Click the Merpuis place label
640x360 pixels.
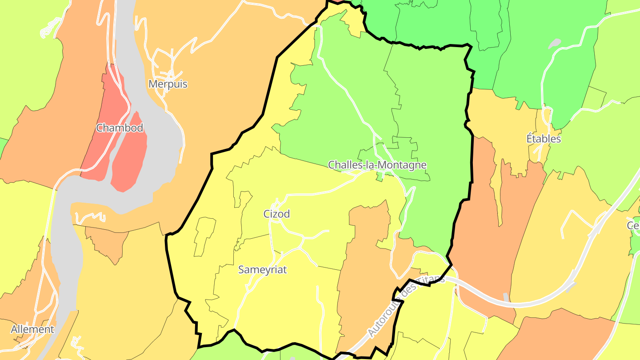[168, 84]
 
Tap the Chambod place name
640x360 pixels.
[120, 128]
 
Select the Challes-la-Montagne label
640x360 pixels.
[377, 165]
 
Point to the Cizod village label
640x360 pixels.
[276, 214]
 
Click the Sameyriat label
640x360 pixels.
[262, 269]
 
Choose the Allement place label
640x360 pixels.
[32, 329]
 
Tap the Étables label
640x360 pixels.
[544, 139]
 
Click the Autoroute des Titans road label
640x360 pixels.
[405, 306]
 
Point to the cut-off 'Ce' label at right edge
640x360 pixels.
[633, 225]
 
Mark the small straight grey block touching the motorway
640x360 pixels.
[506, 297]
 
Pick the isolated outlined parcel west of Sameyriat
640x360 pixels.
[204, 236]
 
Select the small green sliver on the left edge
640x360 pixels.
[2, 147]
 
